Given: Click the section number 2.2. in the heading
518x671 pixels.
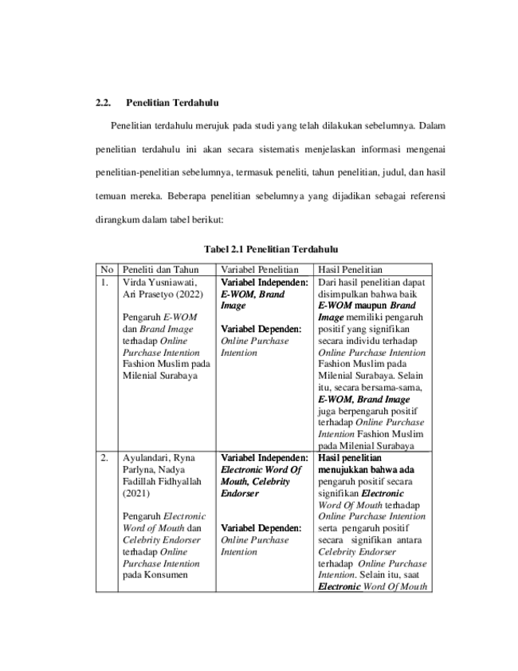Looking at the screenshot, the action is click(x=103, y=103).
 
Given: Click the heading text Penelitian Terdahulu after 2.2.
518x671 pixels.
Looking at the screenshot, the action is click(x=172, y=103).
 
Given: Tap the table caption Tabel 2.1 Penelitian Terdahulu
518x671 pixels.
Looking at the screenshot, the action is click(x=271, y=249).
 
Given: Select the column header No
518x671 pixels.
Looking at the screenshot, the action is click(x=107, y=270).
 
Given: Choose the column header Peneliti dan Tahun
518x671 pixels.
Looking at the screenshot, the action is click(x=161, y=270).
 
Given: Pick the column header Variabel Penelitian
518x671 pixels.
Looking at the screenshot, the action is click(x=260, y=270).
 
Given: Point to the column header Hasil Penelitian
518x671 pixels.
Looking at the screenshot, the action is click(x=350, y=270).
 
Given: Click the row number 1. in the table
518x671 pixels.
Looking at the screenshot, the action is click(x=104, y=282).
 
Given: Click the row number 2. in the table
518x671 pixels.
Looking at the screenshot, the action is click(x=104, y=458).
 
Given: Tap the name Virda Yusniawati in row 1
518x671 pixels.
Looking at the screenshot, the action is click(x=160, y=282).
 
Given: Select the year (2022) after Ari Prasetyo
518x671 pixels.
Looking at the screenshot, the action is click(x=190, y=294).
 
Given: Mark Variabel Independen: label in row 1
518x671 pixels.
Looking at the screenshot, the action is click(x=264, y=282).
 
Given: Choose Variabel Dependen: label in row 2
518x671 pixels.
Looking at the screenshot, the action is click(x=261, y=528).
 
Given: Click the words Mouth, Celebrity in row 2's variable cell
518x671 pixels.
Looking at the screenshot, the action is click(x=255, y=482).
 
